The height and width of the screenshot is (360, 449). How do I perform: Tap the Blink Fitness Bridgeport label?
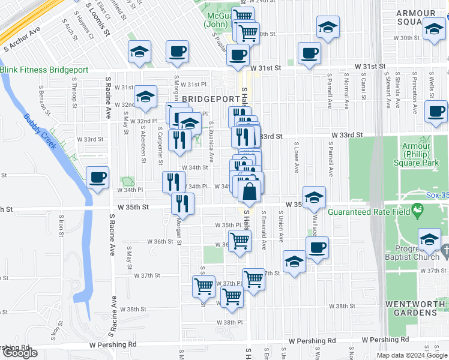click(44, 70)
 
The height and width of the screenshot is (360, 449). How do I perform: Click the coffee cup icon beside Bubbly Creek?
click(97, 178)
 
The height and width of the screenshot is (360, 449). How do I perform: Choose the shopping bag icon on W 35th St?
click(250, 192)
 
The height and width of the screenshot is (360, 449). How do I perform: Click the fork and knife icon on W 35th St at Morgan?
click(182, 203)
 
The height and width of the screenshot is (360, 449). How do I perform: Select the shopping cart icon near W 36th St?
click(240, 242)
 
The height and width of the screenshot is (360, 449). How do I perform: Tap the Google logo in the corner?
click(20, 353)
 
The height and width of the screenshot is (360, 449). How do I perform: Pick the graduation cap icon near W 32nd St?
click(145, 97)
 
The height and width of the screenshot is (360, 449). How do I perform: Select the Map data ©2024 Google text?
click(411, 355)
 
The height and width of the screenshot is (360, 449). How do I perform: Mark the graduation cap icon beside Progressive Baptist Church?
click(429, 240)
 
